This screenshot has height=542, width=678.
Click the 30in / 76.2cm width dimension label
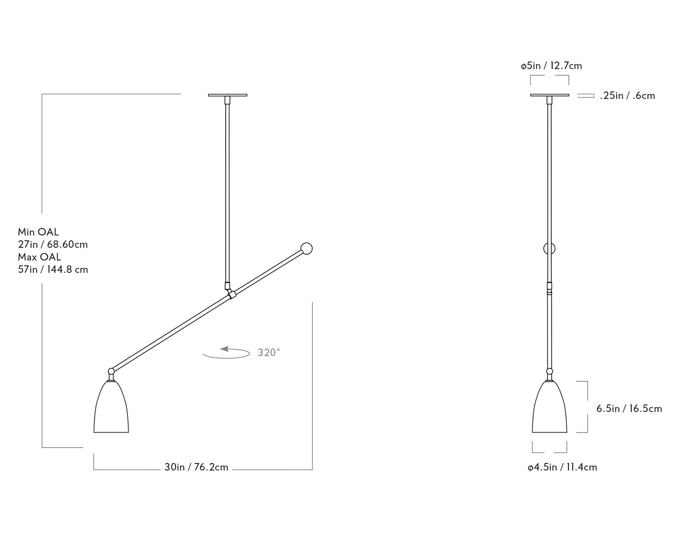pyautogui.click(x=196, y=467)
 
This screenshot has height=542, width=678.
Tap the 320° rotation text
pyautogui.click(x=269, y=353)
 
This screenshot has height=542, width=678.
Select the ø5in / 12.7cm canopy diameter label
pyautogui.click(x=551, y=66)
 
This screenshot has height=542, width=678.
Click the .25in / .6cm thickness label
pyautogui.click(x=628, y=96)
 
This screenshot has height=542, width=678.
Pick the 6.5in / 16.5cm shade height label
pyautogui.click(x=629, y=409)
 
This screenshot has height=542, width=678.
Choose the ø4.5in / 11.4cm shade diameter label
pyautogui.click(x=562, y=467)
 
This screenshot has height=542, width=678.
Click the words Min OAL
pyautogui.click(x=38, y=232)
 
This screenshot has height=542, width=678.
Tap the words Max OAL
pyautogui.click(x=39, y=257)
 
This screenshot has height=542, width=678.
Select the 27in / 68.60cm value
pyautogui.click(x=53, y=245)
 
